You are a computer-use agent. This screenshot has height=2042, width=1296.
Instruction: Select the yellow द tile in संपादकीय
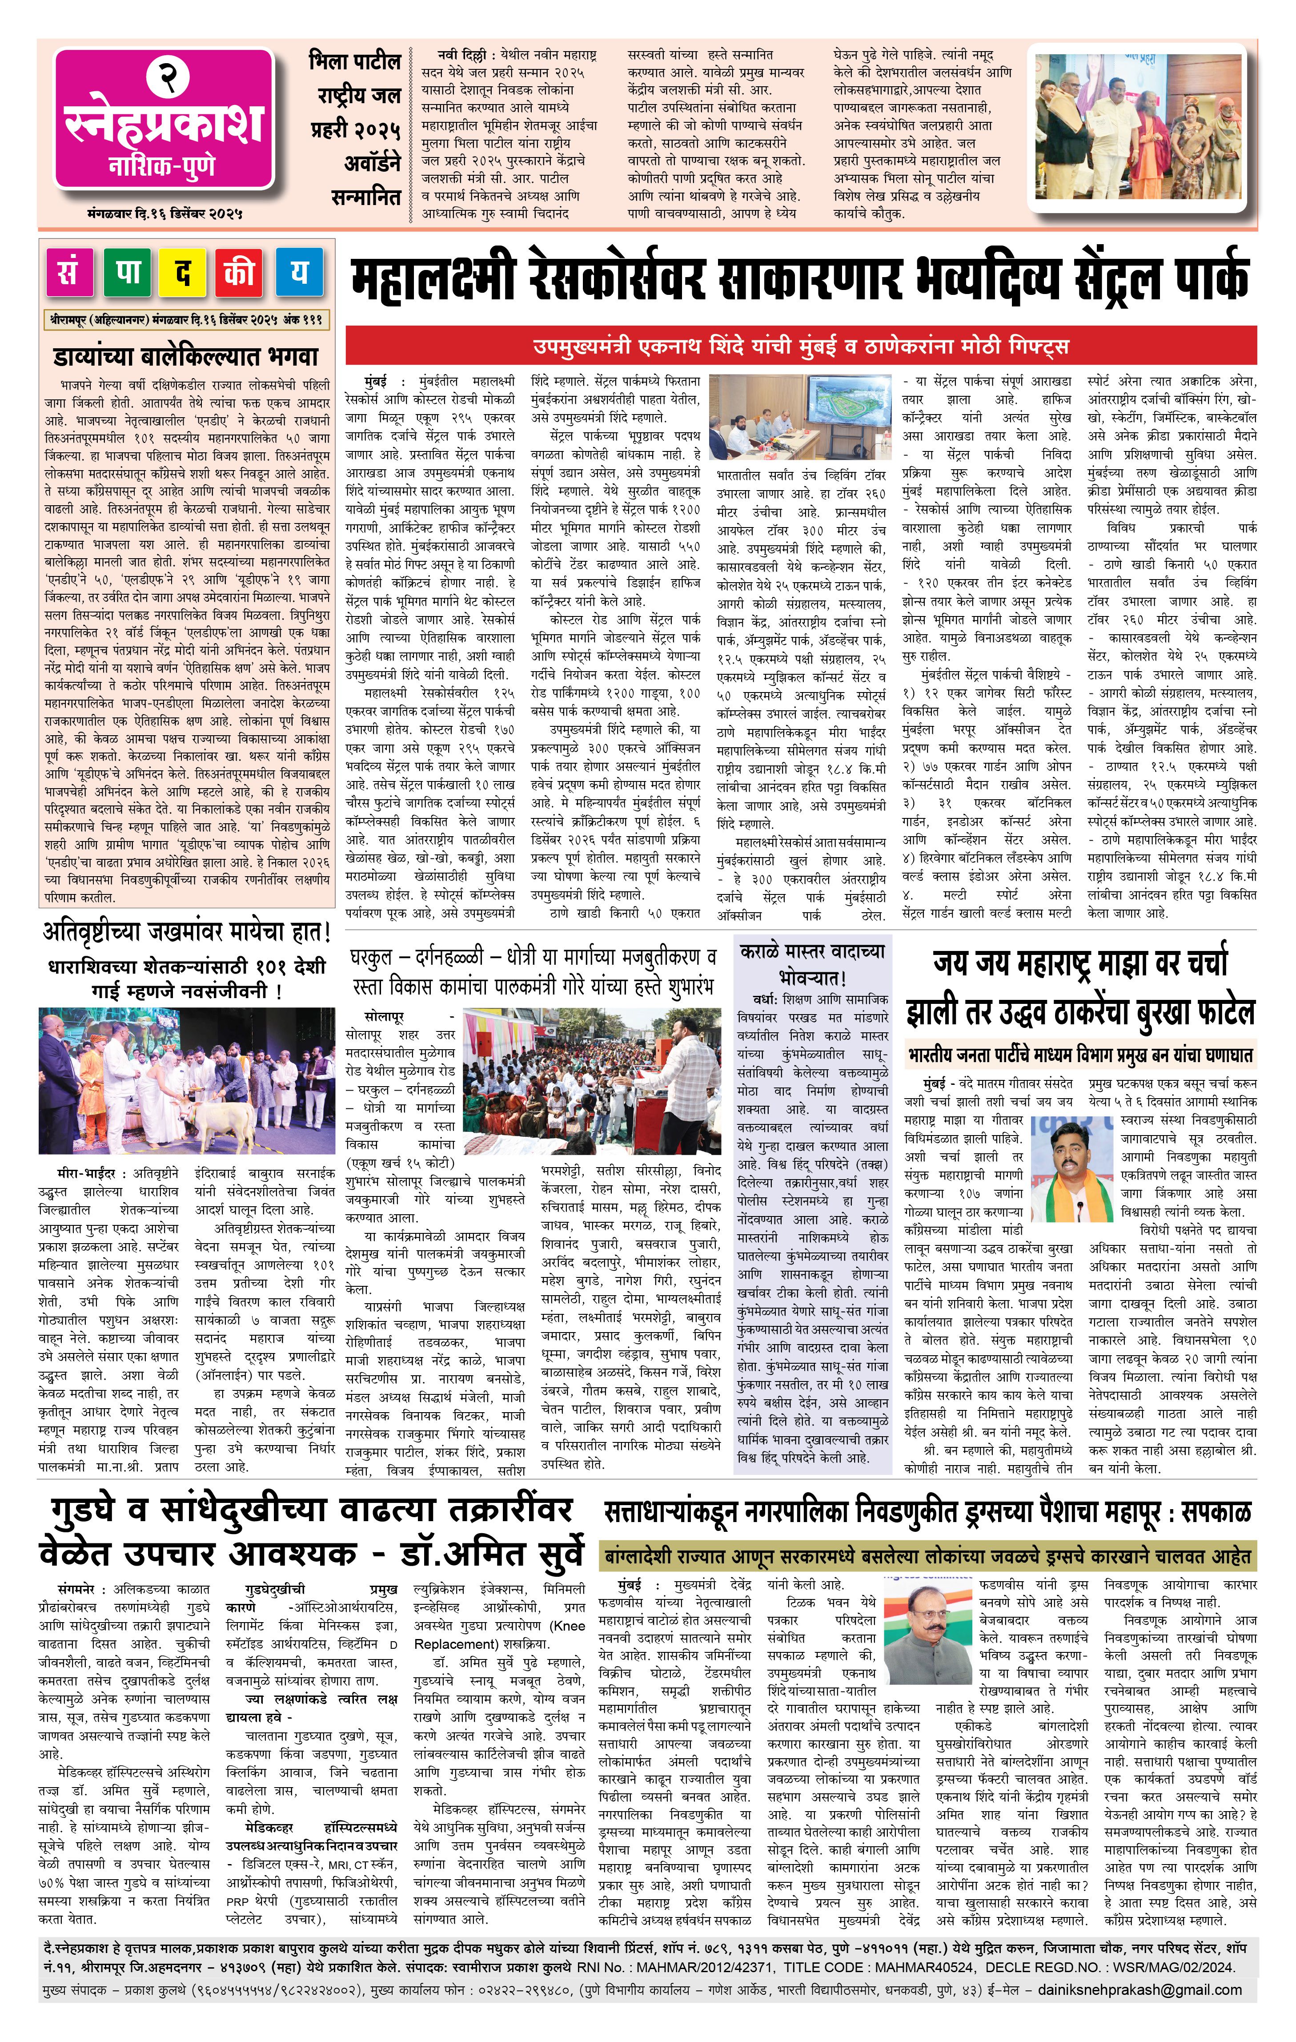pos(184,273)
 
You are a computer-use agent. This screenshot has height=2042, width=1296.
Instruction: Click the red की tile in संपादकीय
pos(241,273)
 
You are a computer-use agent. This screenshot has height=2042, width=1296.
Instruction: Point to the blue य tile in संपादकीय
pos(298,273)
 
